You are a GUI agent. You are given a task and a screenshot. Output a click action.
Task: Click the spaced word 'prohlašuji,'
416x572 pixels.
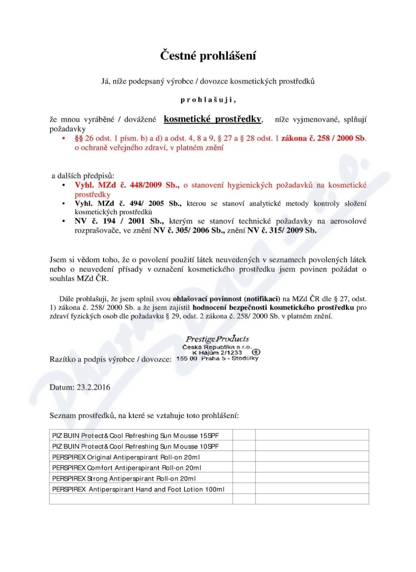coord(207,99)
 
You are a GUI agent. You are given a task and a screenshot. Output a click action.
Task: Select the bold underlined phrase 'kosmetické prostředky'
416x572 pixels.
coord(213,119)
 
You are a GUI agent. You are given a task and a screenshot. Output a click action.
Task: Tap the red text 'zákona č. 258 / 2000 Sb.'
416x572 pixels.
coord(323,139)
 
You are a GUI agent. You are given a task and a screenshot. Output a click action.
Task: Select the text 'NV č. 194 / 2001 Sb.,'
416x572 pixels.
coord(119,221)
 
